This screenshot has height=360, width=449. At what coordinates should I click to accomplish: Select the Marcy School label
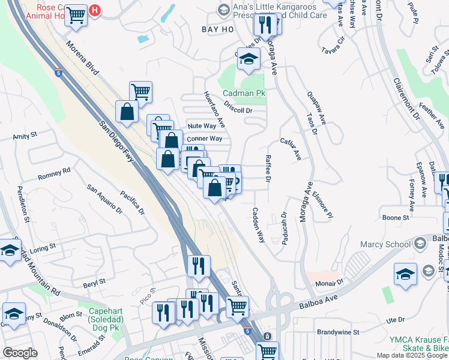[x=385, y=244]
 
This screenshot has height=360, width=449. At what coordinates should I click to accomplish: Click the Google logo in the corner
[x=20, y=353]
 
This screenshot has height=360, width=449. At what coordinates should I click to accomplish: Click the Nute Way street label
[x=202, y=126]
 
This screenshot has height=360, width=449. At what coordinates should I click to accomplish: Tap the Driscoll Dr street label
[x=238, y=110]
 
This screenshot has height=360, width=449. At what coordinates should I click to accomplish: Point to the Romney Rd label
[x=54, y=173]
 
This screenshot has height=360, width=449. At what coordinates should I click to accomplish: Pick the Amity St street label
[x=25, y=137]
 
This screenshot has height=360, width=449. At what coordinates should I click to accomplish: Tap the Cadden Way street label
[x=259, y=225]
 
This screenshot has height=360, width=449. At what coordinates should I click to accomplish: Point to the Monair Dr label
[x=331, y=281]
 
